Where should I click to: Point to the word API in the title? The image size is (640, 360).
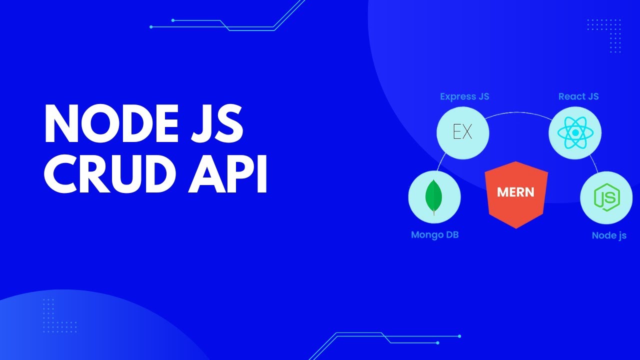pyautogui.click(x=228, y=175)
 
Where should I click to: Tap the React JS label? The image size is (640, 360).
pyautogui.click(x=578, y=96)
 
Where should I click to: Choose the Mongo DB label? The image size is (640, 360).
pyautogui.click(x=434, y=234)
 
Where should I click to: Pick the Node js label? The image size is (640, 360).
pyautogui.click(x=609, y=235)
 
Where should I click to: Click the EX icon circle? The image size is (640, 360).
pyautogui.click(x=462, y=133)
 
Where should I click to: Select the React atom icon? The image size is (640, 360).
pyautogui.click(x=575, y=133)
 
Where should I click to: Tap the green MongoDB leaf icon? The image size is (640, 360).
pyautogui.click(x=434, y=196)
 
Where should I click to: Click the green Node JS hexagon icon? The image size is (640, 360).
pyautogui.click(x=606, y=198)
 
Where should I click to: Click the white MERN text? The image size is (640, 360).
pyautogui.click(x=516, y=191)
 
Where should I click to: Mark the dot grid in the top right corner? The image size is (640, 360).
pyautogui.click(x=603, y=35)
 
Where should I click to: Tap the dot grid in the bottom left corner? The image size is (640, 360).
pyautogui.click(x=59, y=315)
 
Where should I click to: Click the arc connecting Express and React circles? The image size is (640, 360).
pyautogui.click(x=519, y=114)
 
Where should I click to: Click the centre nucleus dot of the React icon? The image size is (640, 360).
pyautogui.click(x=575, y=133)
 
